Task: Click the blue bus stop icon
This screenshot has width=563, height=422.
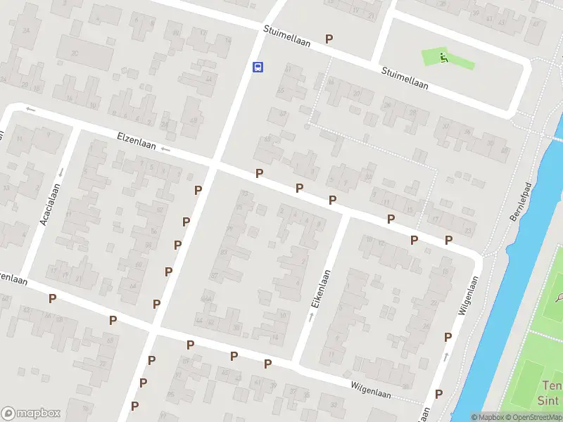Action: (258, 68)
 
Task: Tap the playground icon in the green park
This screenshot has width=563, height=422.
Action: (443, 58)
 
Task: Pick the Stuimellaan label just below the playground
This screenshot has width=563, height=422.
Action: (405, 77)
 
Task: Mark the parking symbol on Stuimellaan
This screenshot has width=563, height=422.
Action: (329, 39)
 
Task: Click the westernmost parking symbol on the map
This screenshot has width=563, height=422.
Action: (52, 298)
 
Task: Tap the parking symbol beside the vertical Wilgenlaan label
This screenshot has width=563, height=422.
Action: (448, 338)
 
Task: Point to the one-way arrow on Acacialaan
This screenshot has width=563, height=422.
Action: (61, 172)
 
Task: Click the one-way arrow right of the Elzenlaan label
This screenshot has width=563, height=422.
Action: (165, 149)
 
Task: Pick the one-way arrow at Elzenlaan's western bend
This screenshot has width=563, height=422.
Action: (30, 109)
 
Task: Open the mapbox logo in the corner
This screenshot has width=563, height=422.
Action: (31, 413)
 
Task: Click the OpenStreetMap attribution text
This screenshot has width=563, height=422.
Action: (531, 417)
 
